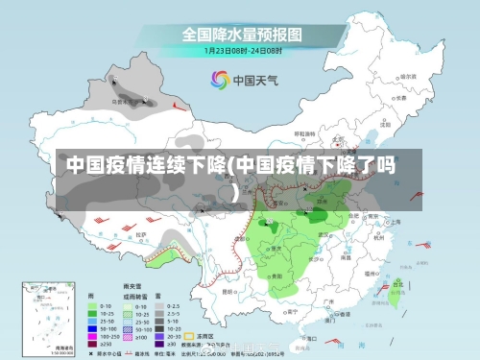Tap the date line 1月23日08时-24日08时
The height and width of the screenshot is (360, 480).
[x=241, y=49]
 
